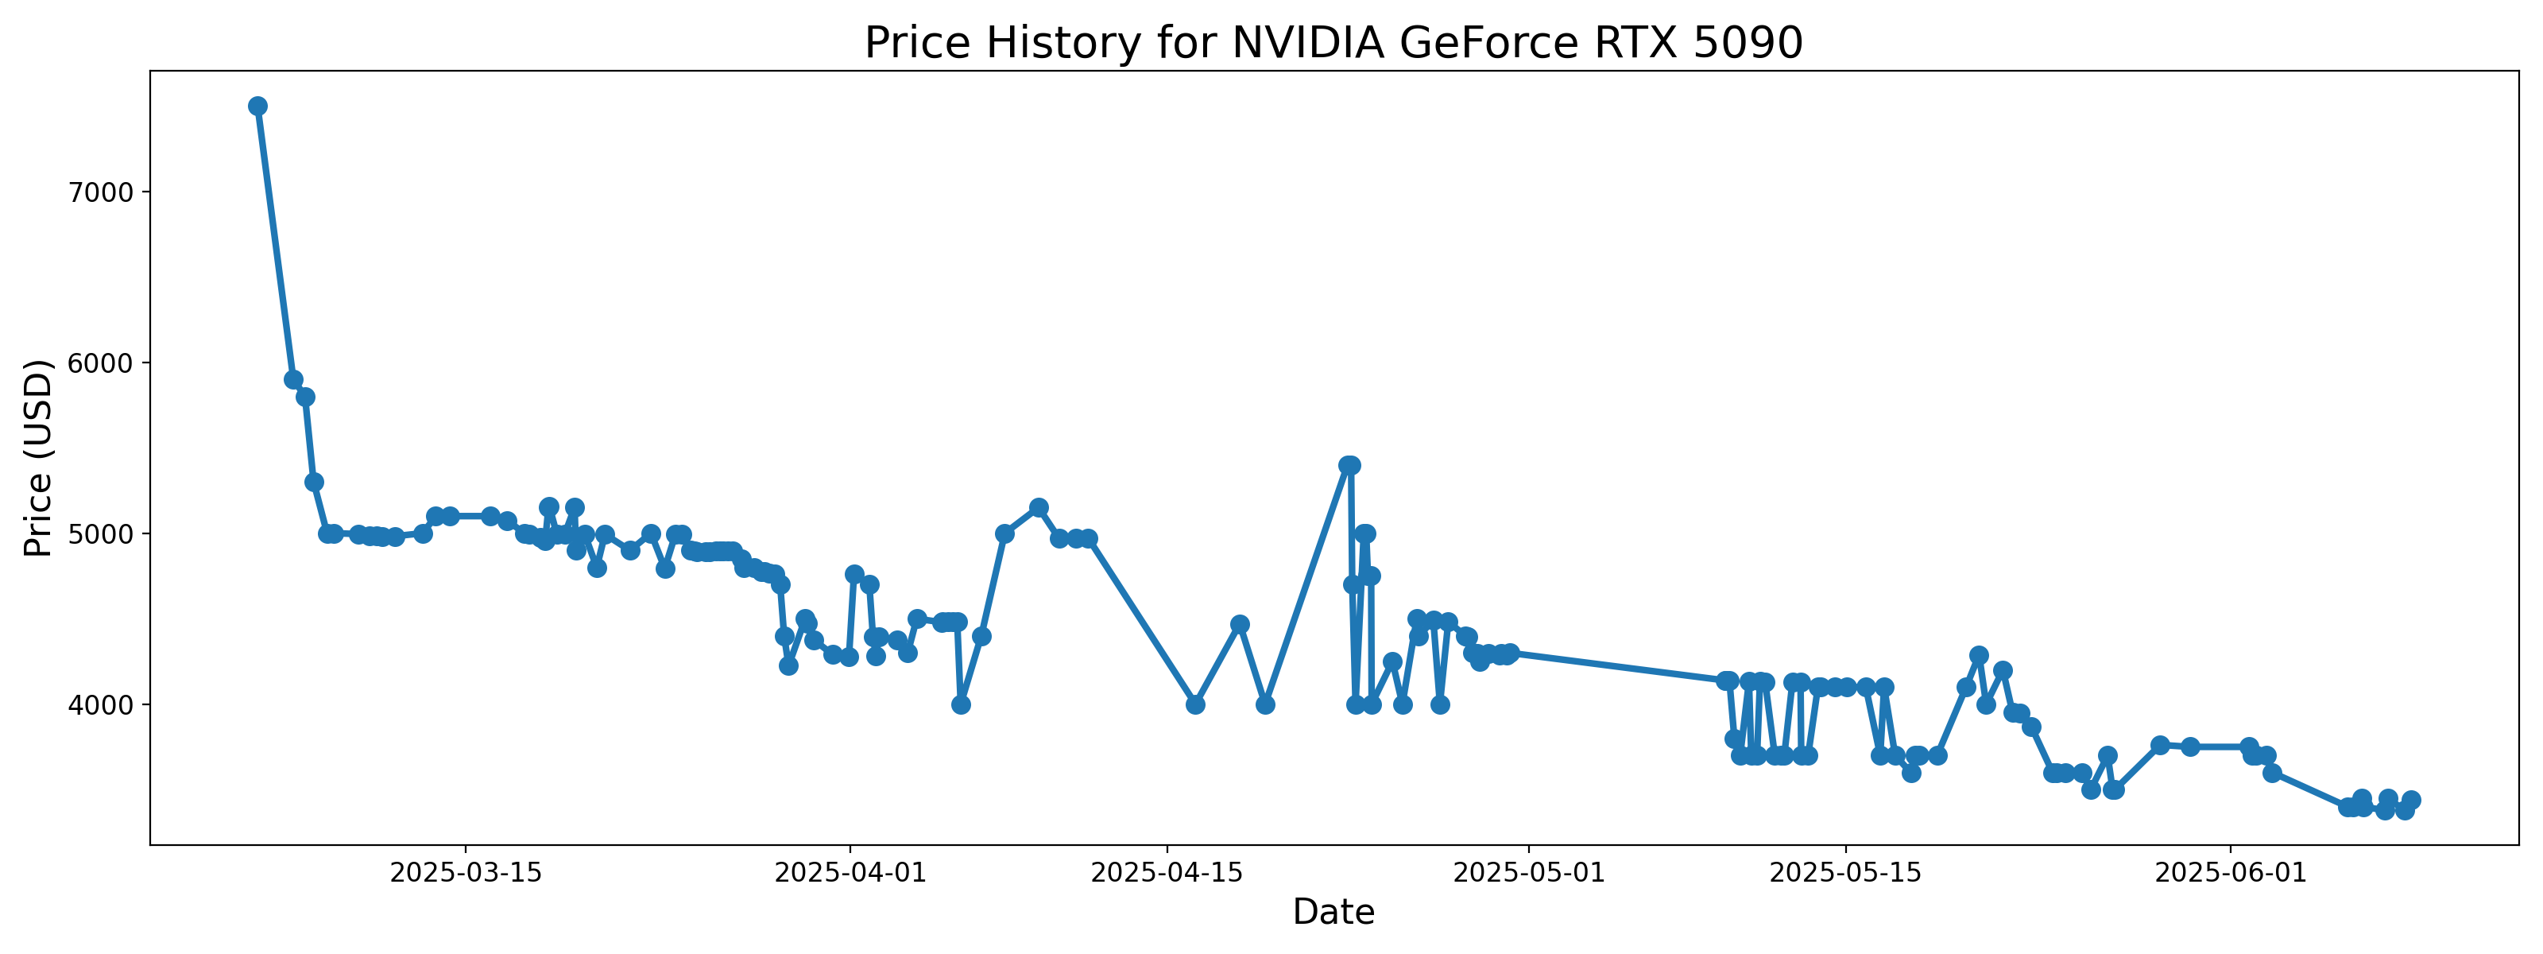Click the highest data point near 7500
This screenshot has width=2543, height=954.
(257, 107)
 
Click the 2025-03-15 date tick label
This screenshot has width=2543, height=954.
(466, 873)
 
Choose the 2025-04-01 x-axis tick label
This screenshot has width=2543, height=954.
(850, 873)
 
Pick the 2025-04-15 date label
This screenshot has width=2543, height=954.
(1168, 873)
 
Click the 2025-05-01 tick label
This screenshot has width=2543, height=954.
(1529, 873)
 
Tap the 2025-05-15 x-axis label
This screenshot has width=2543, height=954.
(1845, 873)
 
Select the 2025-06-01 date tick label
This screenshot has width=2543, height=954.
(2230, 873)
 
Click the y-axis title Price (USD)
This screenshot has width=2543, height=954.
(37, 457)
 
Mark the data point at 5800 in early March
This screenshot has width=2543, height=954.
(306, 397)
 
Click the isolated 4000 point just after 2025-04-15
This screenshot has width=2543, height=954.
(1195, 704)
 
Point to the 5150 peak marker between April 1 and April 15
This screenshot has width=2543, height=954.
(1039, 508)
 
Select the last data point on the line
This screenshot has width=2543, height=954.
(2411, 800)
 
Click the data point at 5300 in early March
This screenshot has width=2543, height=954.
(314, 482)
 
